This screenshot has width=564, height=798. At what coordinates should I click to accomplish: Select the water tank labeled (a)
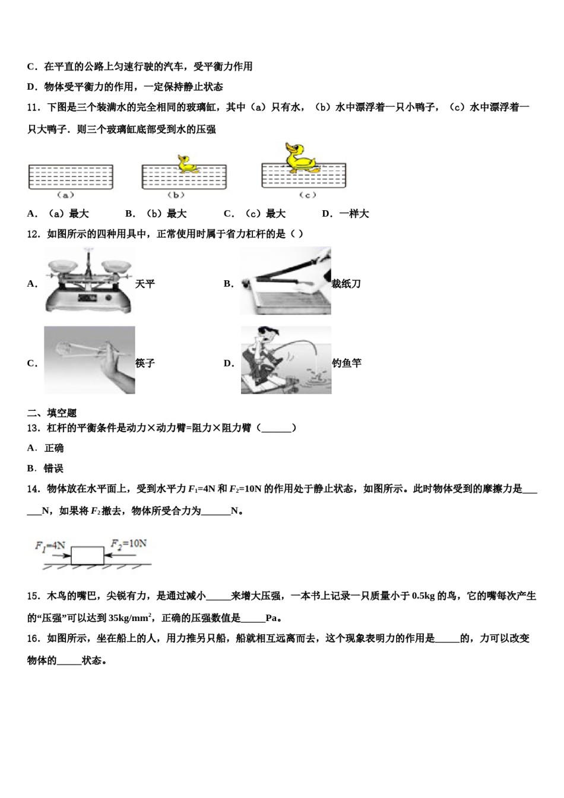(71, 177)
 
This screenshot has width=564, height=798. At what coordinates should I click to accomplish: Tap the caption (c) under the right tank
(307, 195)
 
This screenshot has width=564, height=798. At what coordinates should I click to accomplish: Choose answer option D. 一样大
(346, 214)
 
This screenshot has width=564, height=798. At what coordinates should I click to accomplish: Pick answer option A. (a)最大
(58, 214)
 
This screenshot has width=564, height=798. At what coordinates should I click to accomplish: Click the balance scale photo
(89, 280)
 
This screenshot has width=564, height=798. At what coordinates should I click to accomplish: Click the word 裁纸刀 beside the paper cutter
(346, 284)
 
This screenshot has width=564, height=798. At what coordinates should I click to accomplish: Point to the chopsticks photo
(89, 360)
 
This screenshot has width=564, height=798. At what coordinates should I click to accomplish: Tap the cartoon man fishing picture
(286, 360)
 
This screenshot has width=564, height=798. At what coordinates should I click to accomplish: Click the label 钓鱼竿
(347, 363)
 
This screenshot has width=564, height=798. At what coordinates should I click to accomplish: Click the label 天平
(145, 284)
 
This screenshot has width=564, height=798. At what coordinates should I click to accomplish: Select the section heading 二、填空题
(52, 413)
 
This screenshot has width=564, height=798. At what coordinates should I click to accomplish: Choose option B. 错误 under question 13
(46, 468)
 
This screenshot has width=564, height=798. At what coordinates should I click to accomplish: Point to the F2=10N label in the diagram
(128, 544)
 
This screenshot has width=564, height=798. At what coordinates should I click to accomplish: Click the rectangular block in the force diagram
(87, 556)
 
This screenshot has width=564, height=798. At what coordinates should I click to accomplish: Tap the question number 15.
(33, 596)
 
